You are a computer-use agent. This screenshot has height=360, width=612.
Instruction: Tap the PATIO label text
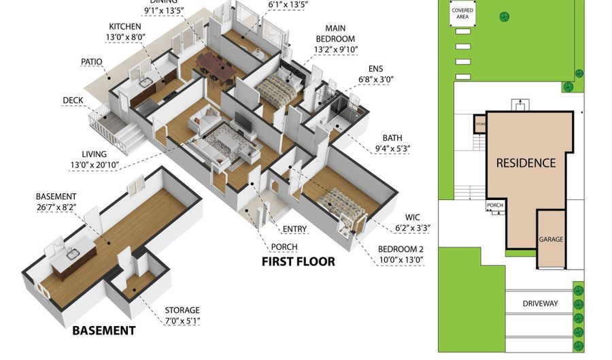coord(91,62)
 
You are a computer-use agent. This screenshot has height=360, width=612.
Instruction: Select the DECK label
coord(73,101)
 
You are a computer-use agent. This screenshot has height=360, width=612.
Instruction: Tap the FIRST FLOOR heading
coord(299,261)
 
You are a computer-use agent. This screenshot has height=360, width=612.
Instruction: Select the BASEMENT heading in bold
coord(104,331)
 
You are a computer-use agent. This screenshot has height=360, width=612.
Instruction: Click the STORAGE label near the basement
coord(182,310)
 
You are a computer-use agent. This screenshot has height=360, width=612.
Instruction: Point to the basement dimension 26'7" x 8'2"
coord(56,208)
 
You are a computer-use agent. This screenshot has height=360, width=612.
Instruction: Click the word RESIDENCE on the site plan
coord(526,163)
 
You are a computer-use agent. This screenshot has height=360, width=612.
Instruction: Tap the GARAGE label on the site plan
coord(551,240)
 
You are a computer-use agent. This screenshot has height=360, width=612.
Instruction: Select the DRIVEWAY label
coord(540,304)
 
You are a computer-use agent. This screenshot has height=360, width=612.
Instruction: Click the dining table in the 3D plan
coord(216,67)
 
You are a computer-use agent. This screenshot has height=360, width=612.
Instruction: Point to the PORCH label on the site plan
coord(494,205)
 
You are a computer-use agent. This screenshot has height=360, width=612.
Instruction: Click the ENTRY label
coord(293,229)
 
